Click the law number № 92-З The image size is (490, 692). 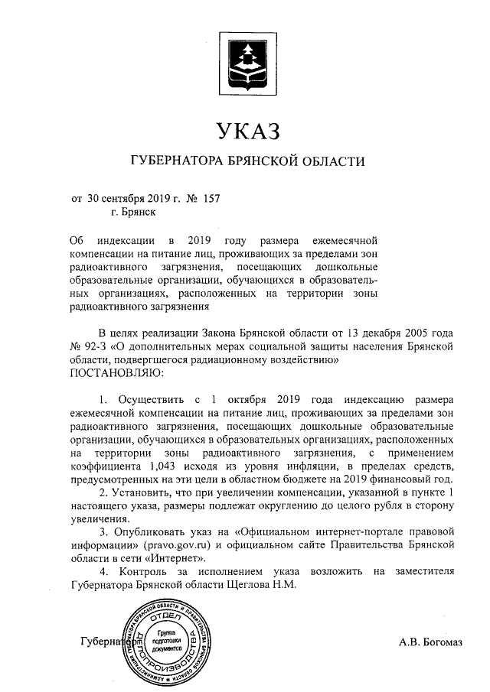coord(87,346)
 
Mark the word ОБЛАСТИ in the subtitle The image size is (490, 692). coord(326,161)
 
